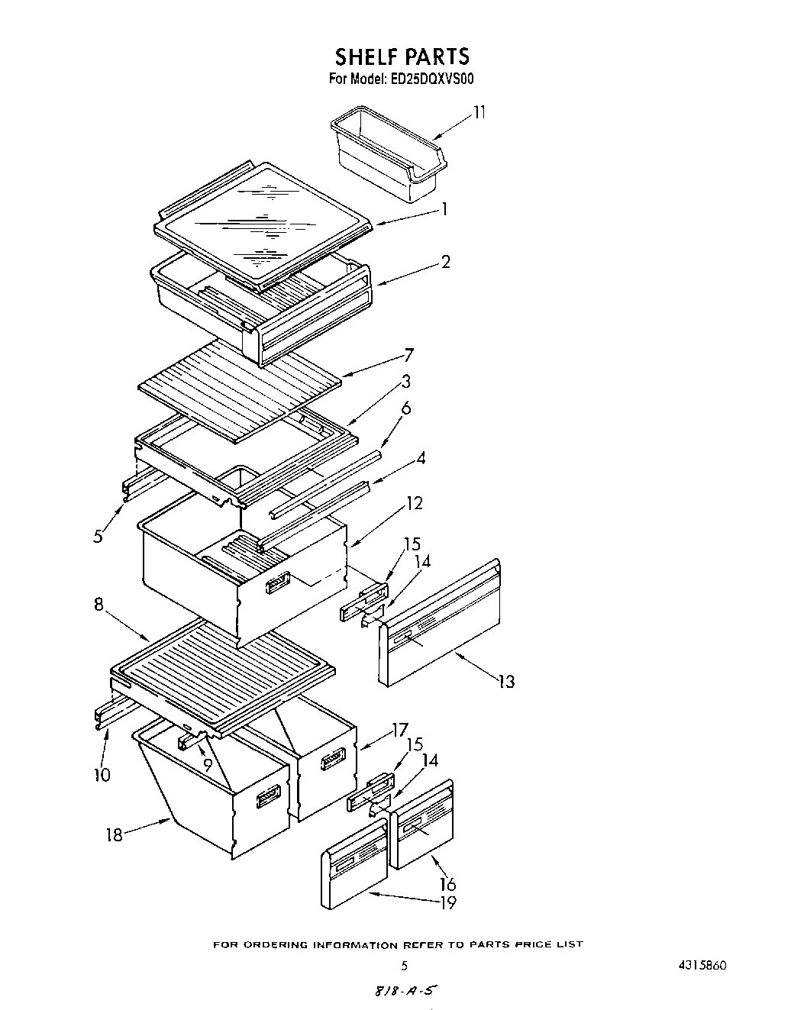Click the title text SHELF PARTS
[x=402, y=56]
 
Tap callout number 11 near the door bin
[x=479, y=113]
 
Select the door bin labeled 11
[x=389, y=157]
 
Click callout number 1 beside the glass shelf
[x=444, y=208]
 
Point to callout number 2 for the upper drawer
[x=445, y=262]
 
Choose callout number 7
[x=408, y=355]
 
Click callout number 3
[x=406, y=381]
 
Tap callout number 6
[x=405, y=408]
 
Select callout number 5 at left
[x=98, y=536]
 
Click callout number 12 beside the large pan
[x=414, y=503]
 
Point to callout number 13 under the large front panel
[x=505, y=681]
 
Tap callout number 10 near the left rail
[x=102, y=776]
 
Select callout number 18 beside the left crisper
[x=114, y=834]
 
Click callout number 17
[x=399, y=730]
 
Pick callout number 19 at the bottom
[x=447, y=902]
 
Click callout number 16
[x=447, y=884]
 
